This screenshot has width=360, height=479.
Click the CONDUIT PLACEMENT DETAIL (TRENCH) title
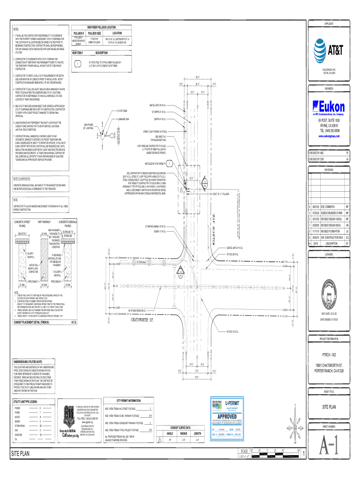pyautogui.click(x=34, y=323)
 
